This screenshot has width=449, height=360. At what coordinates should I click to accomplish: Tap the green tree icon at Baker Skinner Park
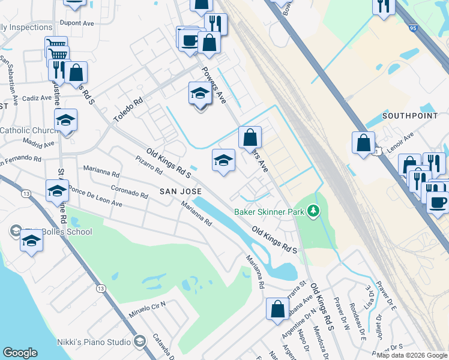(312, 211)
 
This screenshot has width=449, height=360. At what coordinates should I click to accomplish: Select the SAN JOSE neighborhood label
(179, 191)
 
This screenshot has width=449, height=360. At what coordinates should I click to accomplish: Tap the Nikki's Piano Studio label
(94, 342)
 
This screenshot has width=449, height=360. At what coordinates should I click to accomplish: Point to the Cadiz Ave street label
(37, 98)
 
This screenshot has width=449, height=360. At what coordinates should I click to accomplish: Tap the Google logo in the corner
(20, 353)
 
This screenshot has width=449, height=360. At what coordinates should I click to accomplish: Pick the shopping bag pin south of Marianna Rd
(277, 309)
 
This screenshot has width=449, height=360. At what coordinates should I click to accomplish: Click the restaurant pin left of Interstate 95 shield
(382, 7)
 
